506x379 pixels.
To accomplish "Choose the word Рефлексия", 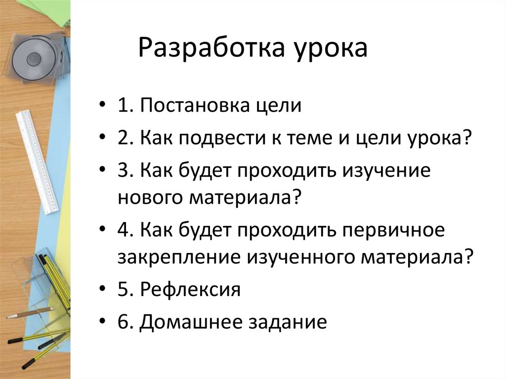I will click(190, 289).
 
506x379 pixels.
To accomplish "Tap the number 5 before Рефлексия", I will click(123, 289).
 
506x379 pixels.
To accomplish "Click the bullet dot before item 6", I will click(102, 322).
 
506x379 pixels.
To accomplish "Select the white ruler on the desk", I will click(37, 161).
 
